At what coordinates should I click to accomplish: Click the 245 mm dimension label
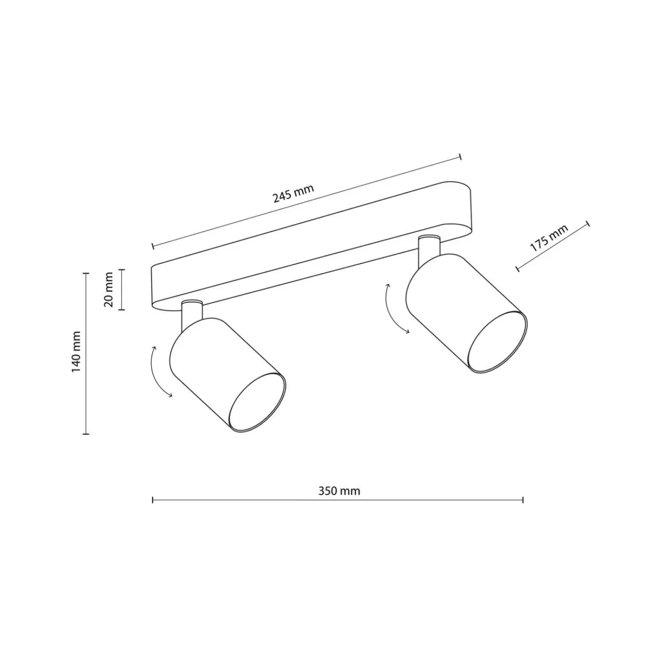294,194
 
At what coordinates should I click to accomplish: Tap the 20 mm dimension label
109,290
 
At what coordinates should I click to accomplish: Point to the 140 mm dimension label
76,351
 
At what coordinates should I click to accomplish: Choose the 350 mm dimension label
339,491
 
